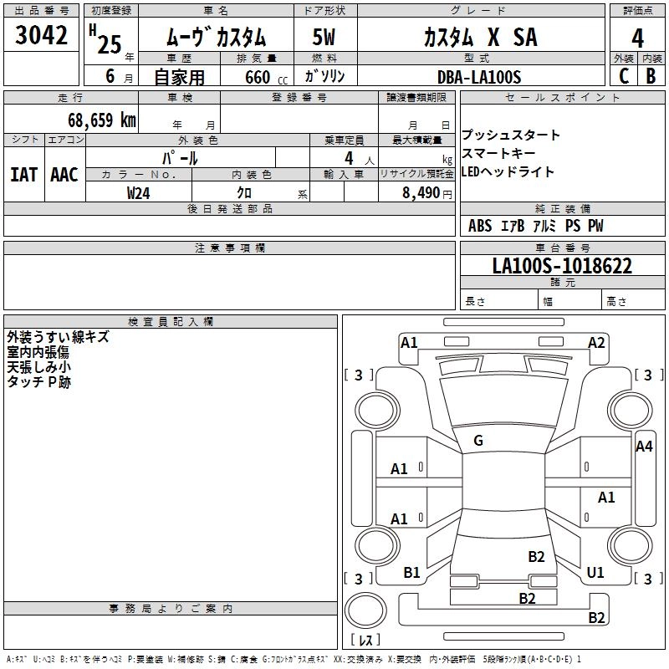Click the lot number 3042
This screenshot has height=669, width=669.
41,37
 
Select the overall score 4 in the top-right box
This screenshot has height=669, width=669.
637,38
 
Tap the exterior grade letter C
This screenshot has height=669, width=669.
624,75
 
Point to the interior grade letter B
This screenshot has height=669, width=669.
651,75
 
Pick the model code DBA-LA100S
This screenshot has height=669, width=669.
478,77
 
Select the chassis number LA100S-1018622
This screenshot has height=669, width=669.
562,267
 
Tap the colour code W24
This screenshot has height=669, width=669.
139,192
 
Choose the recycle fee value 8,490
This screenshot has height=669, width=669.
426,192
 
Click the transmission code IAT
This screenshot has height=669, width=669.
23,175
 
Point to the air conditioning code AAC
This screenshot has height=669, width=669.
64,175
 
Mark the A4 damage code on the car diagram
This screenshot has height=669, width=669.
644,447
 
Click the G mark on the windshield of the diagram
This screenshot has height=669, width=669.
478,441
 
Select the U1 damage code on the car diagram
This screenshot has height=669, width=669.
595,572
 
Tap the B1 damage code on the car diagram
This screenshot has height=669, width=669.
411,572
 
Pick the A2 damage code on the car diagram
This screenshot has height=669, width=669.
596,342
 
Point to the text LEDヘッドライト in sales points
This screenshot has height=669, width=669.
508,171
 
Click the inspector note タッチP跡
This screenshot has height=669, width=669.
38,381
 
